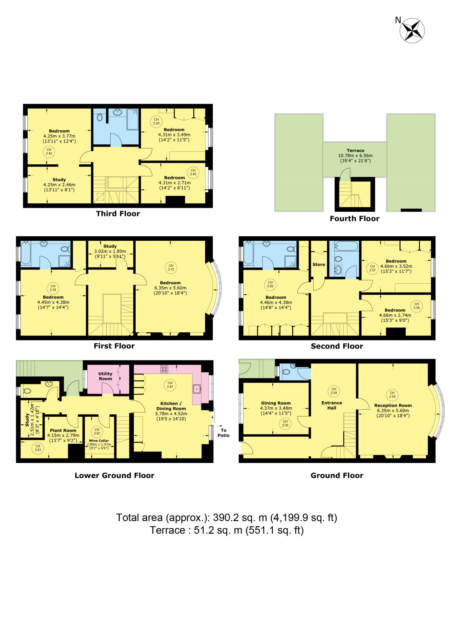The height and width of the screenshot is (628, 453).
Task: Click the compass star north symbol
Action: tap(412, 30)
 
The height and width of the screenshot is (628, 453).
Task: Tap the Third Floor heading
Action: tap(118, 214)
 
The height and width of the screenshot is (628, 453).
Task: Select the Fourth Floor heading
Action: tap(354, 219)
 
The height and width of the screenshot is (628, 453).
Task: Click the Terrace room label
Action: tap(355, 151)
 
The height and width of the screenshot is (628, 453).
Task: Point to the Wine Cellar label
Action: tap(99, 441)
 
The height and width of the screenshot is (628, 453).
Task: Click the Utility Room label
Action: tap(105, 376)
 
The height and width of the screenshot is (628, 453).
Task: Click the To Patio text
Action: tap(224, 433)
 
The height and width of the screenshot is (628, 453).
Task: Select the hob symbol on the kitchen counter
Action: tap(164, 369)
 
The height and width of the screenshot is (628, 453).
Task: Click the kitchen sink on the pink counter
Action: tap(197, 389)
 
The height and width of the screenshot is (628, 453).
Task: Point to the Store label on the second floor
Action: tap(319, 265)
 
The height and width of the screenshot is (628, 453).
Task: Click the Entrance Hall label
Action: tap(332, 405)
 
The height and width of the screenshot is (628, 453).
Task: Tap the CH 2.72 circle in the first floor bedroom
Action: tap(171, 268)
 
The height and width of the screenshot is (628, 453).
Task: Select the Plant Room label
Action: tap(63, 431)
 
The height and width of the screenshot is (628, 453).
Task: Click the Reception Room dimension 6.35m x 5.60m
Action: tap(393, 411)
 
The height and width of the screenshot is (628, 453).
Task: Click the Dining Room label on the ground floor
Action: tap(276, 403)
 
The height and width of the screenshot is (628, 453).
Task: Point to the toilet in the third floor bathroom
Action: tap(100, 117)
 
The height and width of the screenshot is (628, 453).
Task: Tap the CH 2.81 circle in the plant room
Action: tap(38, 448)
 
